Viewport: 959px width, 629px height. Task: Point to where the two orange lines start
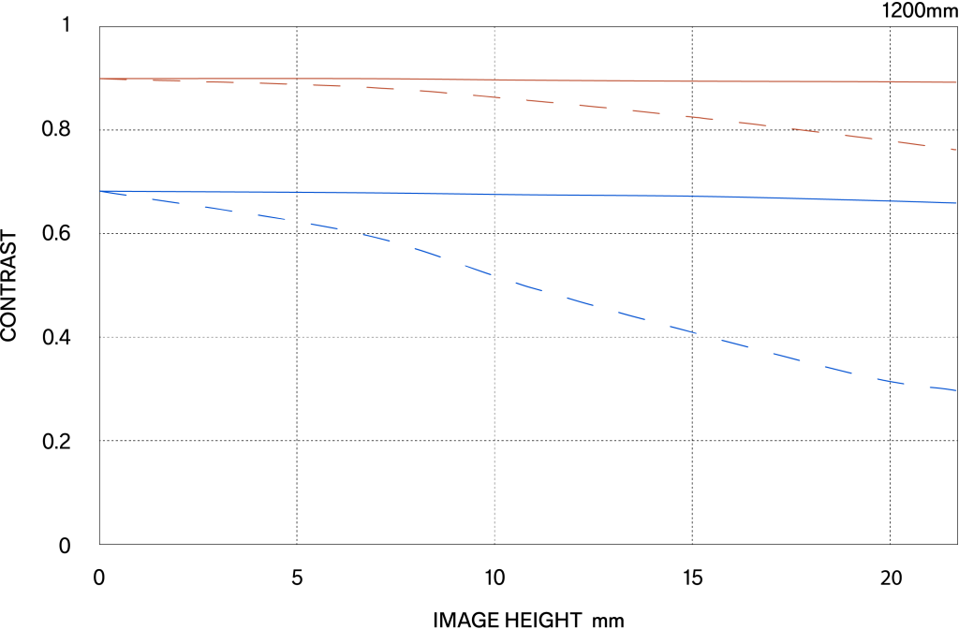point(100,79)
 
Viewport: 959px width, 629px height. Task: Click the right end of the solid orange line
point(956,82)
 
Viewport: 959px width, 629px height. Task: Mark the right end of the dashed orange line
point(956,150)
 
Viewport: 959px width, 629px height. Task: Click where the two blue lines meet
point(100,191)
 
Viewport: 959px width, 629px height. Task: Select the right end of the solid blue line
point(956,202)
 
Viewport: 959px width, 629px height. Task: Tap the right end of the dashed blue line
point(956,390)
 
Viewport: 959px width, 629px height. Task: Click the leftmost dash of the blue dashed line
point(113,193)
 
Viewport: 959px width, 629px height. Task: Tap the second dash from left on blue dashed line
point(166,201)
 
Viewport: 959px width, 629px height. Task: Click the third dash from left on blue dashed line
point(218,210)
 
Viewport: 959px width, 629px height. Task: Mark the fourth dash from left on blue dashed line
point(272,218)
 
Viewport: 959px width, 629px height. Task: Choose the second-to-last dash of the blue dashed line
point(891,380)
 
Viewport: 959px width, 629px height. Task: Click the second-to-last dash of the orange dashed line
point(911,143)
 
